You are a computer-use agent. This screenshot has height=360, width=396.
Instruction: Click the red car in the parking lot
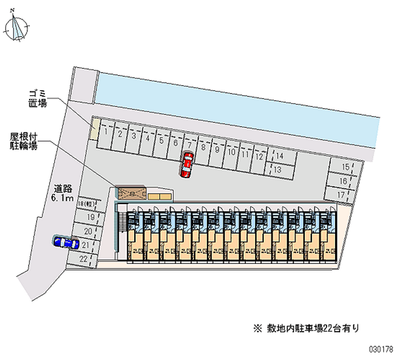click(187, 164)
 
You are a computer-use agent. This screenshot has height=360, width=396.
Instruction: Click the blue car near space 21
click(66, 243)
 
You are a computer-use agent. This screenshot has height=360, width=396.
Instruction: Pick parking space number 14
click(280, 156)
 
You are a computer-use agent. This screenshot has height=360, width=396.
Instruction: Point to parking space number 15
click(346, 167)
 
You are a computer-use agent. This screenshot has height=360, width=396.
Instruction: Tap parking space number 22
click(82, 258)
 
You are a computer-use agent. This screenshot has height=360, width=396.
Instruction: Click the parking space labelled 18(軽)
click(88, 204)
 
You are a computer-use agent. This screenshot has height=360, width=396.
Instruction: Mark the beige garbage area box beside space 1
click(94, 128)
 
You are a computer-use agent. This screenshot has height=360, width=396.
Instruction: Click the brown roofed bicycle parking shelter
click(132, 193)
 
